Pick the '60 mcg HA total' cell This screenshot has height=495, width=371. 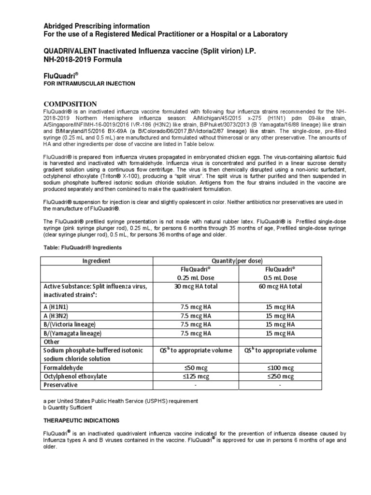coord(284,286)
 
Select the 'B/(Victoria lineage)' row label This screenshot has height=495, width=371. coord(70,324)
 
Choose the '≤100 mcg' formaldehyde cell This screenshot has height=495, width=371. coord(284,367)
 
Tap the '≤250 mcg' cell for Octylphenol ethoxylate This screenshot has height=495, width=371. coord(284,376)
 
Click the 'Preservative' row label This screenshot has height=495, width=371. coord(60,385)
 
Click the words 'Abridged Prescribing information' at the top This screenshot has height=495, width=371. coord(97,26)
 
